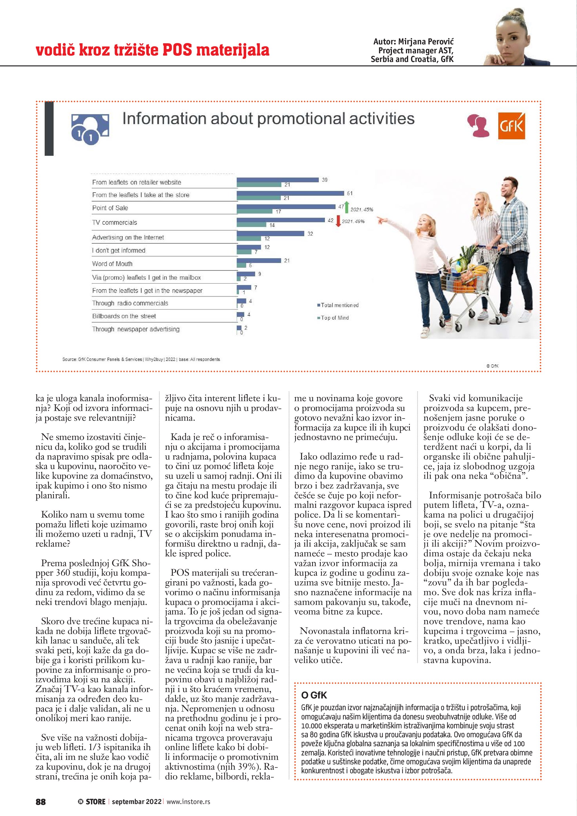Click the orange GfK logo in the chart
(x=511, y=126)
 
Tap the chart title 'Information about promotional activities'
(x=268, y=118)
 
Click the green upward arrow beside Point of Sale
(x=347, y=207)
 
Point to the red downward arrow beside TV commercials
(x=338, y=221)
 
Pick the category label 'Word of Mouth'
(x=112, y=264)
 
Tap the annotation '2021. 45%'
(x=362, y=210)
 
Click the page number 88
(x=41, y=801)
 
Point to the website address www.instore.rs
(x=188, y=801)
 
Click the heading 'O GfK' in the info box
(x=314, y=695)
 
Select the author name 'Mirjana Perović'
(x=426, y=42)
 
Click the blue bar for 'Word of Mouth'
(x=259, y=260)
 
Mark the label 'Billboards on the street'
(x=124, y=316)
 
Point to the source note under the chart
(x=141, y=359)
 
